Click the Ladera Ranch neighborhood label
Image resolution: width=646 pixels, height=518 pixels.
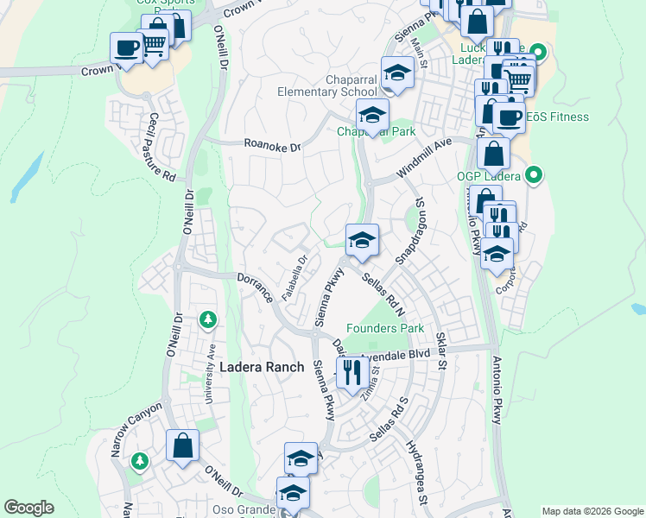click(x=262, y=367)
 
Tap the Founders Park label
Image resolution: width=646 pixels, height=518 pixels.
click(x=385, y=328)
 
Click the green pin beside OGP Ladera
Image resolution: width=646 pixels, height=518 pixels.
click(x=534, y=176)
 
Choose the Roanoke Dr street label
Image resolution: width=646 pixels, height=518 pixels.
click(x=271, y=146)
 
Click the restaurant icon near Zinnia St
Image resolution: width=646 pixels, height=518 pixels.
click(x=352, y=373)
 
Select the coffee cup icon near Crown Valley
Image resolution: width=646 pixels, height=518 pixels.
click(x=127, y=47)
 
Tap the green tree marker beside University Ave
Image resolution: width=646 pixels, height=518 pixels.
click(x=207, y=320)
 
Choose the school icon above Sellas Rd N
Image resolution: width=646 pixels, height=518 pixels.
click(x=362, y=239)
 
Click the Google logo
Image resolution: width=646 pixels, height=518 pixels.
click(x=28, y=508)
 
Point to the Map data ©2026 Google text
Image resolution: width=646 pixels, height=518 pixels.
click(x=592, y=511)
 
